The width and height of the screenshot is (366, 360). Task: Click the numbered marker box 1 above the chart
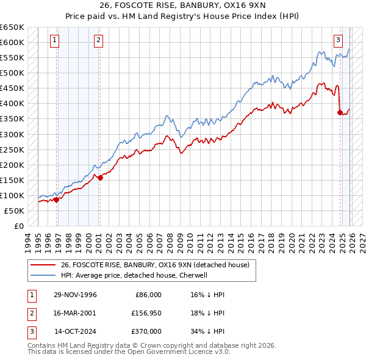[x=55, y=41]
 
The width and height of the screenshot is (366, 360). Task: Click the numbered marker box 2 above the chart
[x=98, y=41]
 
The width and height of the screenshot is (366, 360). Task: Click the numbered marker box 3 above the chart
[x=338, y=41]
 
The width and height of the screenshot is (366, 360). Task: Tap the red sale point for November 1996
[x=56, y=199]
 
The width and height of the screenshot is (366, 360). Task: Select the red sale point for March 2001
[x=101, y=178]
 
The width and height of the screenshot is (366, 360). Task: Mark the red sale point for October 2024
[x=340, y=112]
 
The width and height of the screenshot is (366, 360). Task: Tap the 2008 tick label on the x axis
[x=173, y=241]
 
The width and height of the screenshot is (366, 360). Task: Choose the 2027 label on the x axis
[x=361, y=241]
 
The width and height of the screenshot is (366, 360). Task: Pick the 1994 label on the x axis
[x=27, y=241]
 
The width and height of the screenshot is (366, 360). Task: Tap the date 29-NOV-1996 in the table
[x=76, y=295]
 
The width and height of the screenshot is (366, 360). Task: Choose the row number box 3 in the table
[x=30, y=331]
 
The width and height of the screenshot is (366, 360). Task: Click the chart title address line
[x=182, y=7]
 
